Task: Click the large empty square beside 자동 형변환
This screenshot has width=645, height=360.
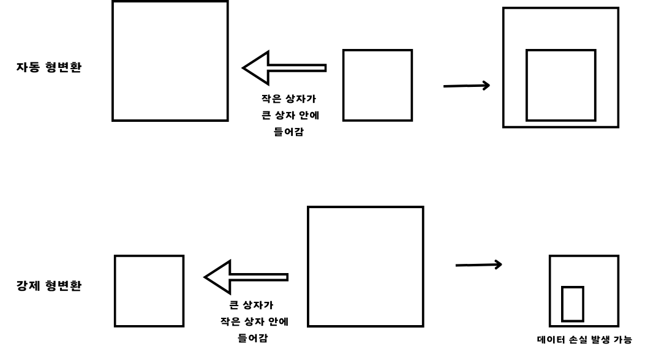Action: coord(170,60)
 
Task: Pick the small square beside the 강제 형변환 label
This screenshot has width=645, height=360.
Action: coord(149,291)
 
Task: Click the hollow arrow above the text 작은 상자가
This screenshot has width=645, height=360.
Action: coord(284,67)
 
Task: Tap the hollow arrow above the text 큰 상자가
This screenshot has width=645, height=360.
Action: coord(246,277)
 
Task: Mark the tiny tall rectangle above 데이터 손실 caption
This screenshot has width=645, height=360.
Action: coord(573,303)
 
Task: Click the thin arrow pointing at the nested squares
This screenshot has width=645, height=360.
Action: coord(466,86)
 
